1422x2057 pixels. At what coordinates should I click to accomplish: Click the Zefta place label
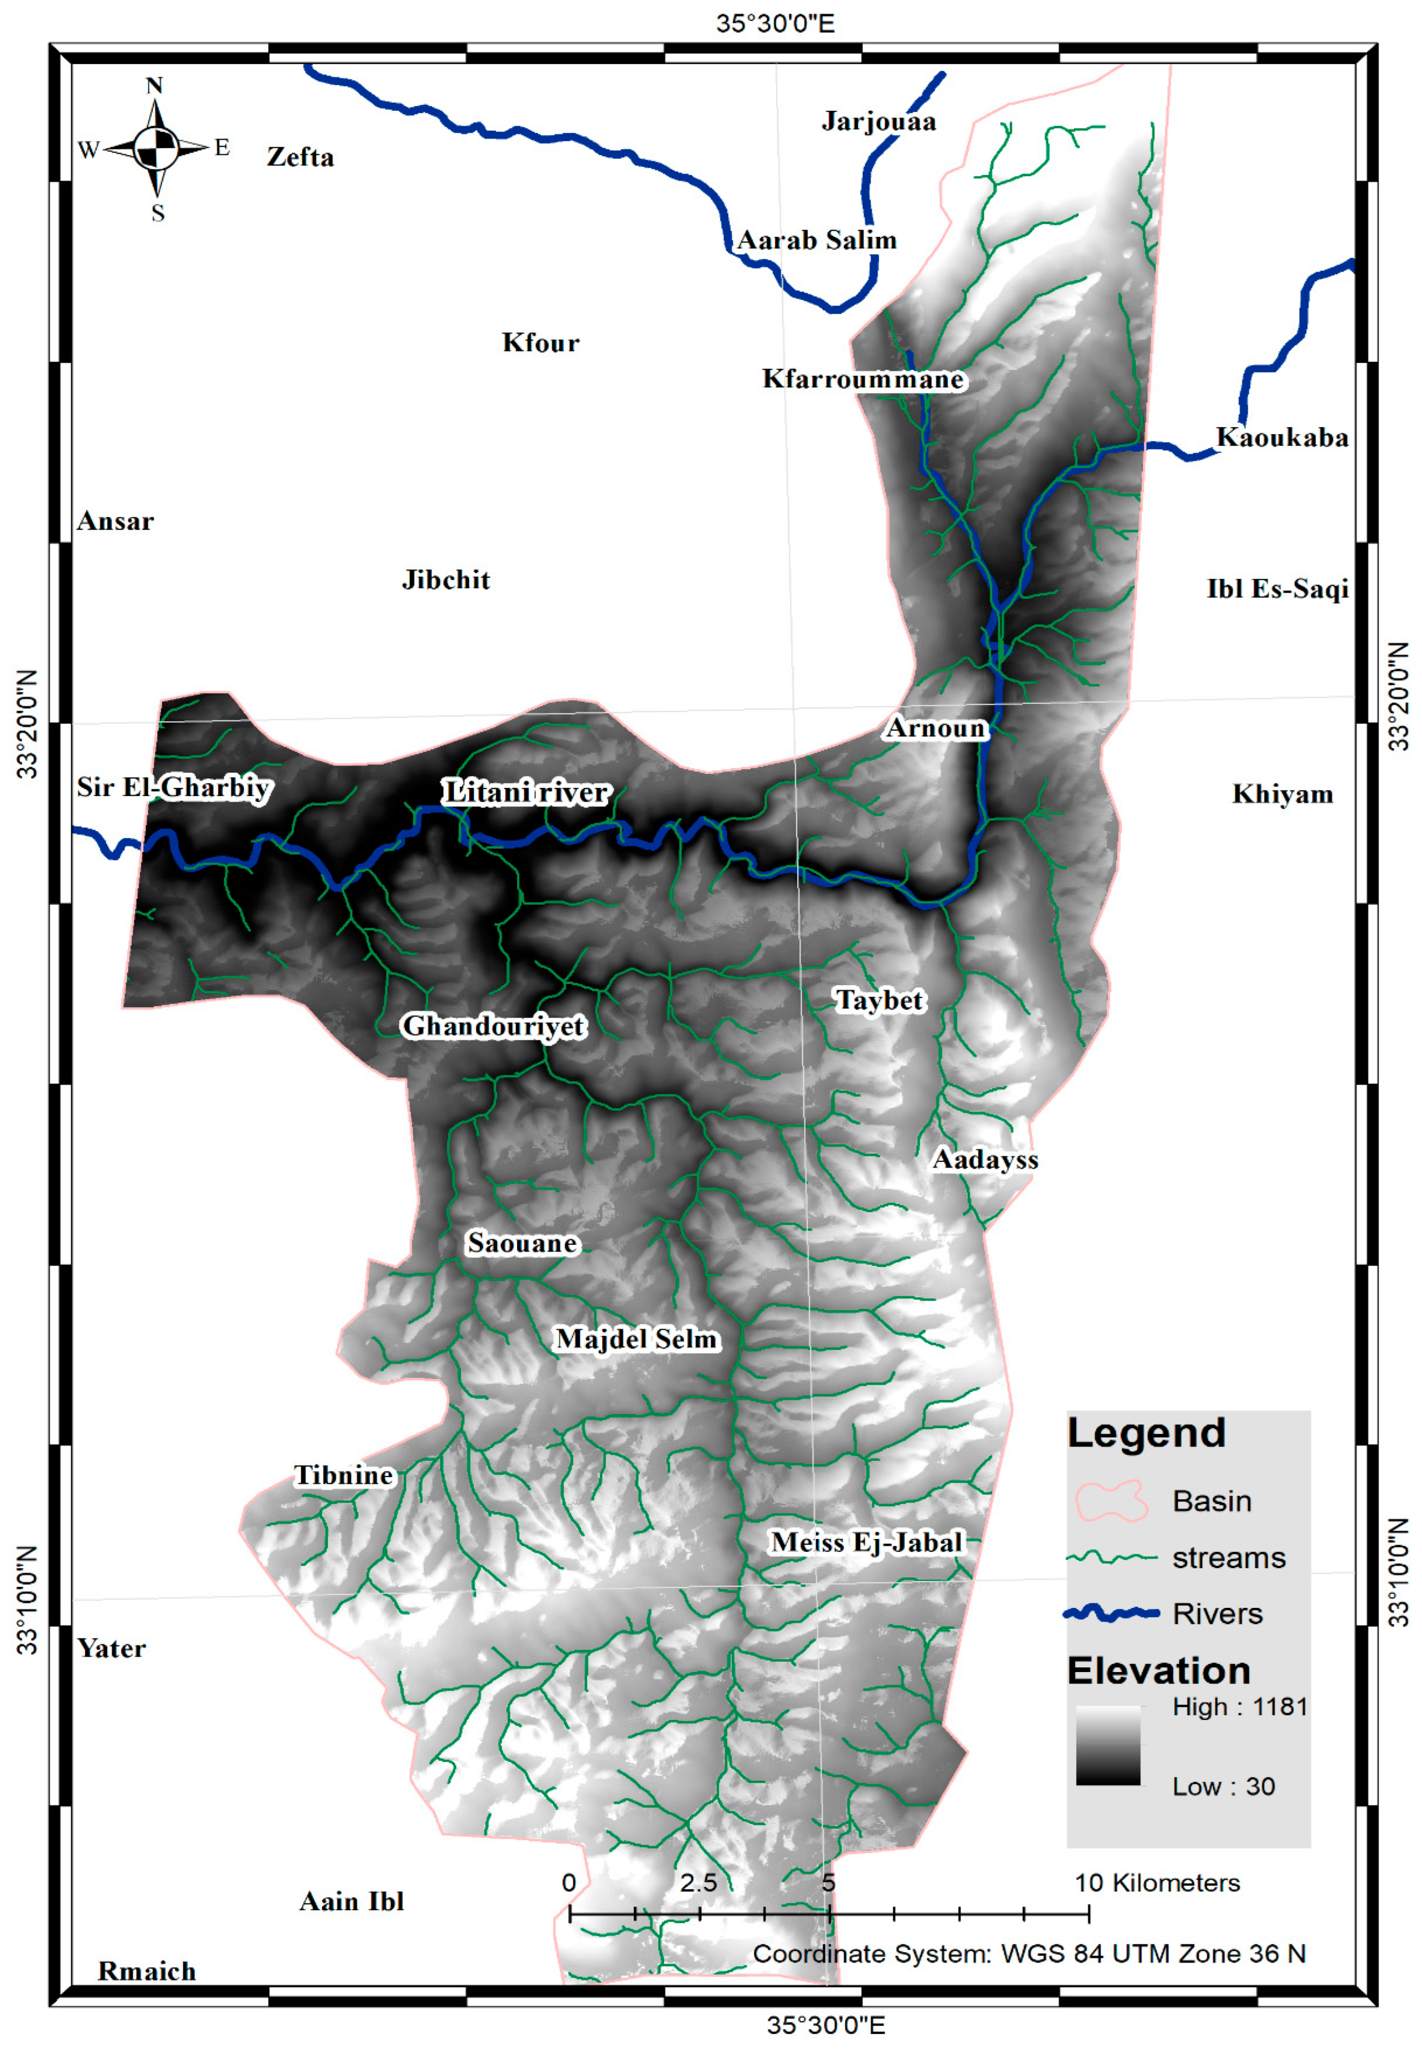pos(300,158)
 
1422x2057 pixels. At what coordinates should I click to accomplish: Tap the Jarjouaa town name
pos(878,121)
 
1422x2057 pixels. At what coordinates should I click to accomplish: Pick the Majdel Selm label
pos(636,1339)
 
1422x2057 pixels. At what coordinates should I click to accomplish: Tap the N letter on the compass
pos(154,86)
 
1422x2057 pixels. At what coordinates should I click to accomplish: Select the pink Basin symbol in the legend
pos(1111,1501)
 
